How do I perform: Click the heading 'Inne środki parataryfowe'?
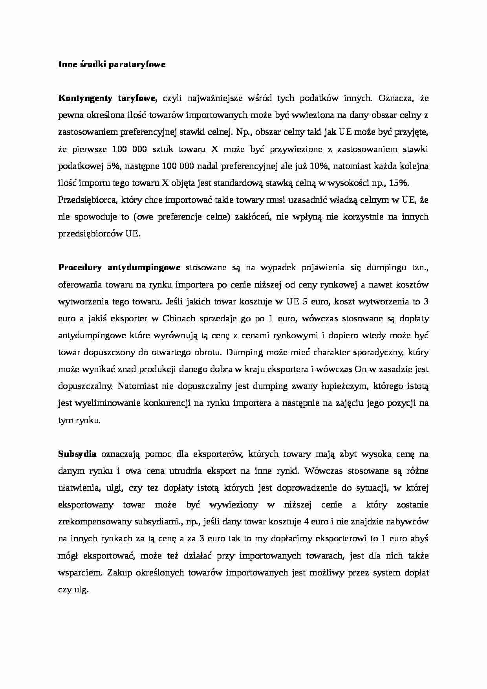click(112, 64)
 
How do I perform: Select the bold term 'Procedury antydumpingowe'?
click(119, 268)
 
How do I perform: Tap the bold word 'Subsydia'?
click(77, 454)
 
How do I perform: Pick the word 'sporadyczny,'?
click(376, 352)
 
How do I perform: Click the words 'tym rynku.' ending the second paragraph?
click(79, 420)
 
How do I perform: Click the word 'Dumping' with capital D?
click(244, 352)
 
